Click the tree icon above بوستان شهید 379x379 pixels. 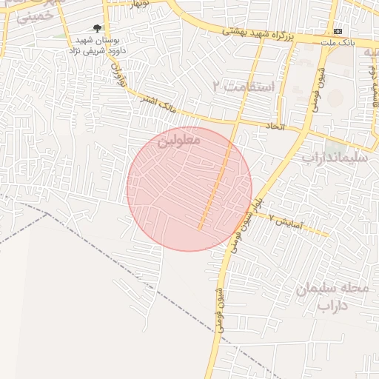pyautogui.click(x=97, y=28)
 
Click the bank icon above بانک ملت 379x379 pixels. pyautogui.click(x=338, y=31)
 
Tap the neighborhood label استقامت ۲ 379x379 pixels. pyautogui.click(x=243, y=87)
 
